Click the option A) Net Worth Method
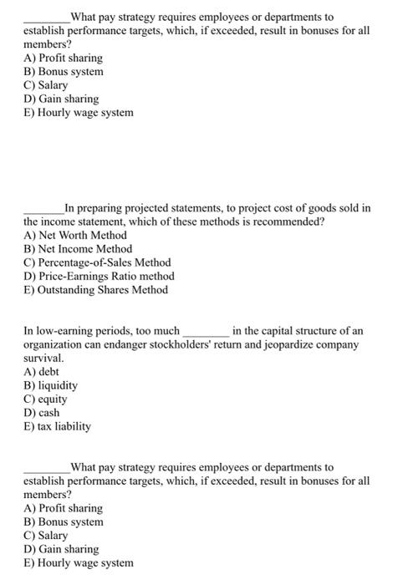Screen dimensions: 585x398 click(75, 235)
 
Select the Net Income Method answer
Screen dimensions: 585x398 click(78, 248)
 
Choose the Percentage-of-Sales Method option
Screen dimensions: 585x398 click(97, 262)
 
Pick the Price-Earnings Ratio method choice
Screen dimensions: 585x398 click(99, 276)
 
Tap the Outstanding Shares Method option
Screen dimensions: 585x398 click(95, 289)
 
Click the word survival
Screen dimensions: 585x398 click(43, 358)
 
